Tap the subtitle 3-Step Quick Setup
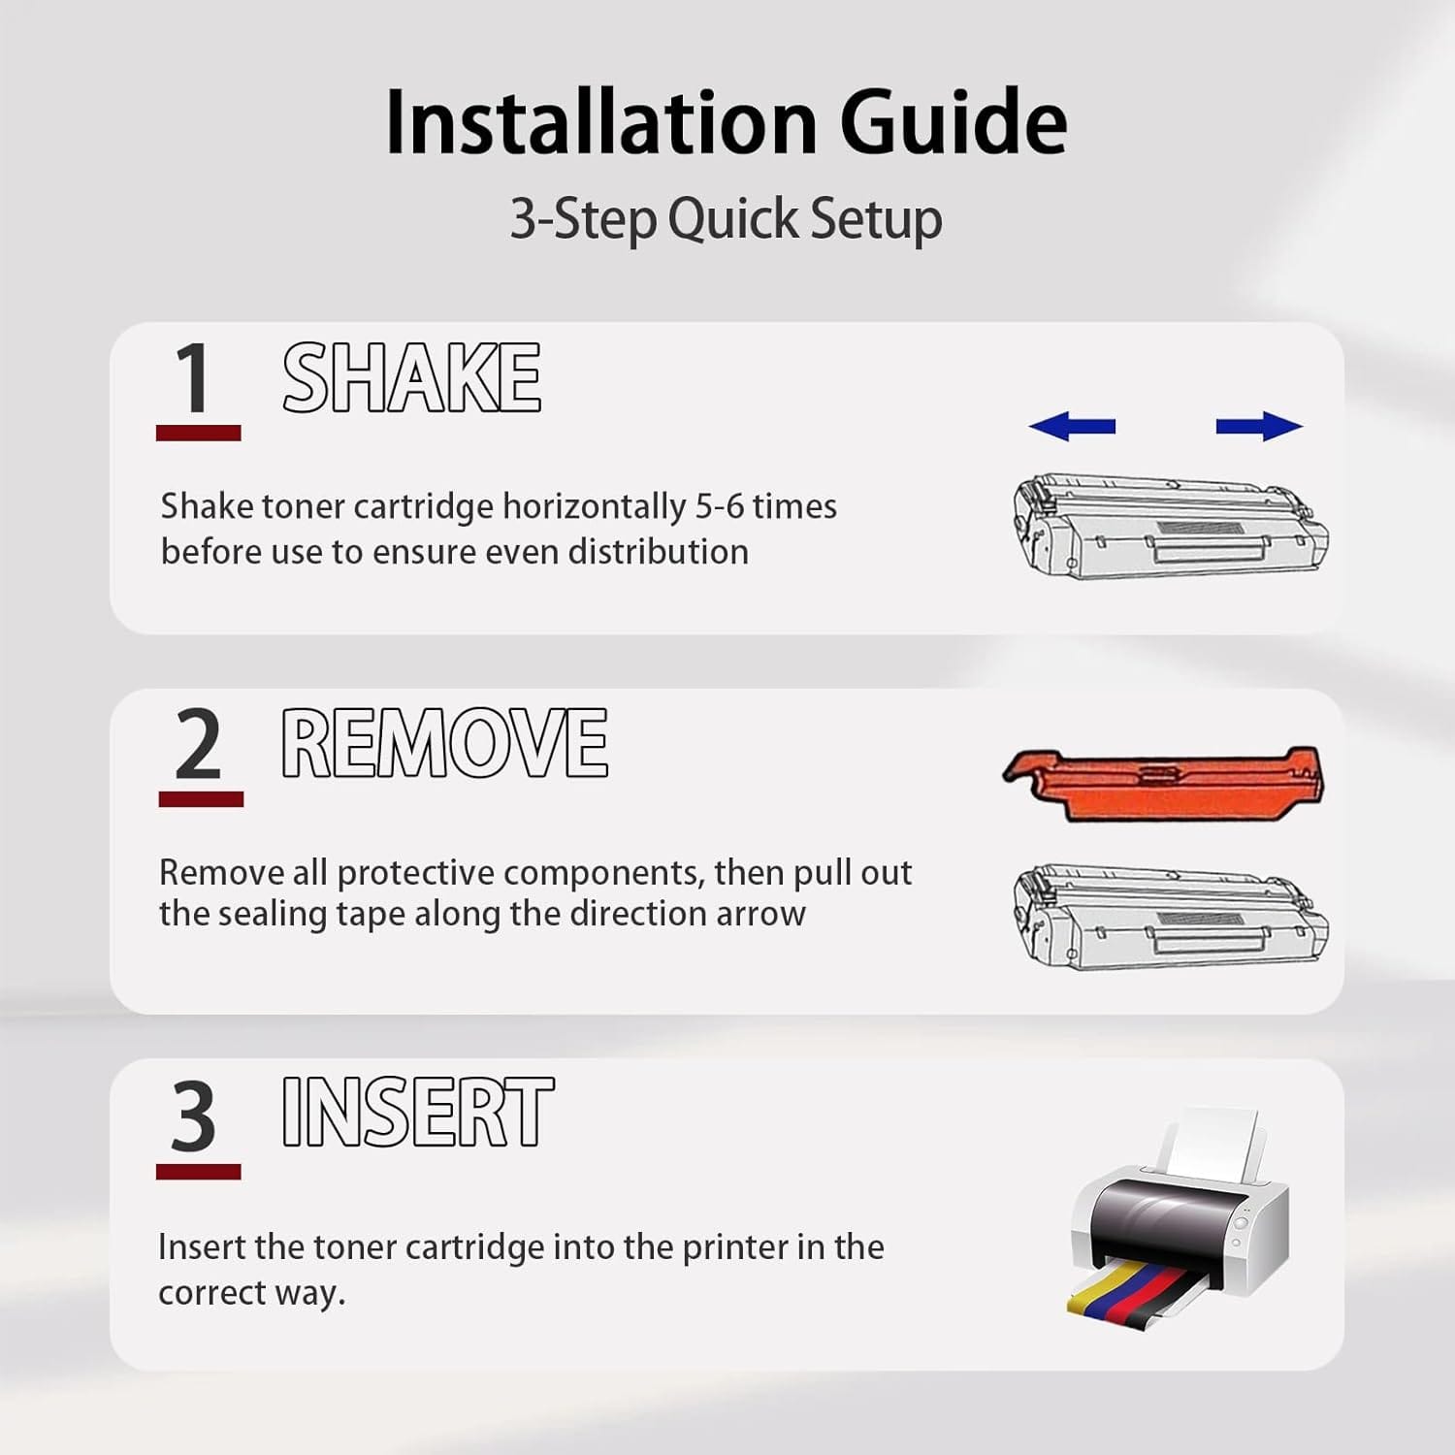point(726,218)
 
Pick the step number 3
point(194,1115)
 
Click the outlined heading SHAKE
point(411,377)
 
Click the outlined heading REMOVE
point(444,743)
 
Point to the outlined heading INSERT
point(417,1112)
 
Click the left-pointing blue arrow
point(1072,425)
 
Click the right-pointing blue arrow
point(1259,425)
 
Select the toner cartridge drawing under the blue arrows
point(1171,527)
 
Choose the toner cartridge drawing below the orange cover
point(1171,917)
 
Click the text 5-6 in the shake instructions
point(719,506)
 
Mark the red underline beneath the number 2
point(201,799)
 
